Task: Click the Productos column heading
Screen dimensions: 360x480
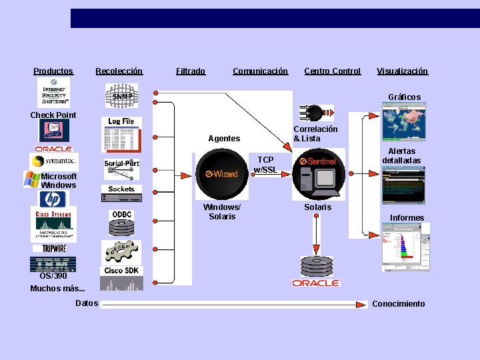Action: pyautogui.click(x=53, y=71)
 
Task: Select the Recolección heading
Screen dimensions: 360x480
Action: pyautogui.click(x=119, y=71)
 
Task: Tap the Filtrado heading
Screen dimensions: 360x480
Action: pyautogui.click(x=191, y=71)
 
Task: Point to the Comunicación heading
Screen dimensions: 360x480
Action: pyautogui.click(x=260, y=71)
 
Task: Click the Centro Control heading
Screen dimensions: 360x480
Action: pyautogui.click(x=332, y=71)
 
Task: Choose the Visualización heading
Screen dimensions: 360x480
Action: pyautogui.click(x=402, y=71)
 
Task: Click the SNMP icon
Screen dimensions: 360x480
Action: pyautogui.click(x=121, y=95)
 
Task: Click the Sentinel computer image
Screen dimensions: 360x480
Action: pyautogui.click(x=317, y=175)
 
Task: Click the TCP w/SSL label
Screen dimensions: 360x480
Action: pyautogui.click(x=265, y=165)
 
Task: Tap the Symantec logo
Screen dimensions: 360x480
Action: pyautogui.click(x=54, y=161)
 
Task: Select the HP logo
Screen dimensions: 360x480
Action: pyautogui.click(x=53, y=199)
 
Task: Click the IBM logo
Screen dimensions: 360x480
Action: pyautogui.click(x=54, y=263)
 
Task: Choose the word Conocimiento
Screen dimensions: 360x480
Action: pyautogui.click(x=398, y=304)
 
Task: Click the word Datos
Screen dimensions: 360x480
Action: pyautogui.click(x=87, y=303)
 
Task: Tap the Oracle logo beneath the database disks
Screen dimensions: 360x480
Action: pyautogui.click(x=316, y=283)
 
